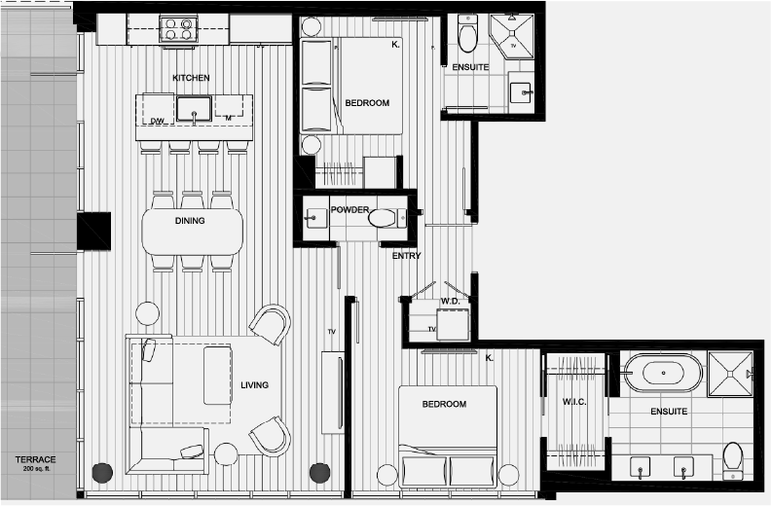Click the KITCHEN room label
(191, 78)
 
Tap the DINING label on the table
(190, 221)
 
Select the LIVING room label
(254, 385)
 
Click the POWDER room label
(349, 209)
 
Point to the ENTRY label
(406, 256)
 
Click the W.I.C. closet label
(573, 403)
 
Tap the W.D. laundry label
(450, 301)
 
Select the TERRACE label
(35, 459)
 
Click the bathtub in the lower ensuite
(663, 373)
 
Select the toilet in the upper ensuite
(467, 37)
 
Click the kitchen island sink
(195, 107)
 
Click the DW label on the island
(156, 121)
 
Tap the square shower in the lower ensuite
(731, 372)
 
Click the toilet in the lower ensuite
(732, 458)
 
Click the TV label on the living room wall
(331, 333)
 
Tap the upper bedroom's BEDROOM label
(367, 103)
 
